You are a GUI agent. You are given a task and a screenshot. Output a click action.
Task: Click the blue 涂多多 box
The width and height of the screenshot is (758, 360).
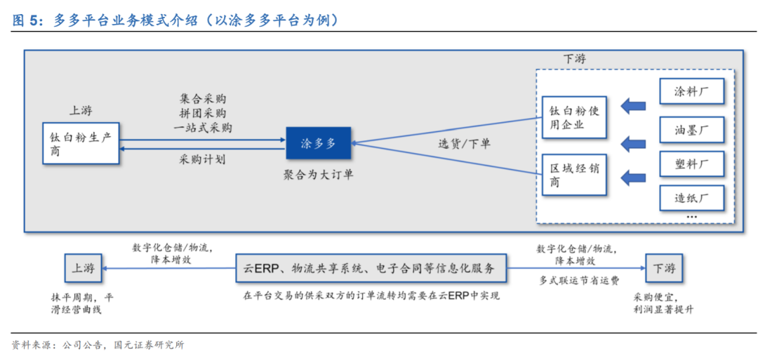tap(319, 143)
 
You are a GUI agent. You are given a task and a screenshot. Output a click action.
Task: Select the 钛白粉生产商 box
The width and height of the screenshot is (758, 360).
tap(80, 143)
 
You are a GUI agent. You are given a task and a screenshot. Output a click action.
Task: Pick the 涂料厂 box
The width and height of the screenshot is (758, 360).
tap(691, 92)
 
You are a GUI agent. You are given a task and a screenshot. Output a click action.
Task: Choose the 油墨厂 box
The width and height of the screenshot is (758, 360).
tap(691, 130)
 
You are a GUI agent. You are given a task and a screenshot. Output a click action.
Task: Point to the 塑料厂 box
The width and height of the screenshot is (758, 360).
tap(691, 165)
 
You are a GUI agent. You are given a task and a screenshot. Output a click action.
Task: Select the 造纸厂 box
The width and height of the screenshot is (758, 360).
tap(691, 198)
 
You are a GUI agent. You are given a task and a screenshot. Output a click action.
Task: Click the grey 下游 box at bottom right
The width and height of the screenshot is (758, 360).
tap(664, 268)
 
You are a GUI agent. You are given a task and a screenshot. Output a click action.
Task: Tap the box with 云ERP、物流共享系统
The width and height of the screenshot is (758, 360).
tap(371, 268)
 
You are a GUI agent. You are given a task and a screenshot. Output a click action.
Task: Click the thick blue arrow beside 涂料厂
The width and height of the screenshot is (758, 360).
tap(634, 106)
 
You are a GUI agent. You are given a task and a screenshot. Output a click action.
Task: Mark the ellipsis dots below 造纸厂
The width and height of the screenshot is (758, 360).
tap(691, 217)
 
